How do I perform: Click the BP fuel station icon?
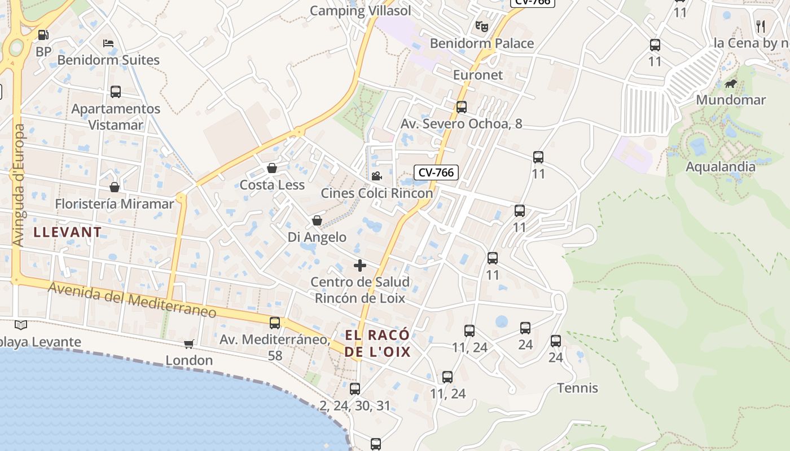tap(43, 36)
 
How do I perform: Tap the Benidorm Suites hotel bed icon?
tap(109, 43)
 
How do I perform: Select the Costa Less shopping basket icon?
tap(272, 168)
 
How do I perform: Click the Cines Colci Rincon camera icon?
tap(376, 176)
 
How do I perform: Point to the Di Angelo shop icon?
tap(317, 220)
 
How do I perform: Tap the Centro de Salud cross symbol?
tap(360, 266)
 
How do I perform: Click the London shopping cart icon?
tap(189, 344)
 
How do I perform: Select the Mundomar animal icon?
tap(731, 85)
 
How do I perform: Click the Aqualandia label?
tap(720, 167)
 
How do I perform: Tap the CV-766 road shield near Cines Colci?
tap(436, 173)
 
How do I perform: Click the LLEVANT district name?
tap(68, 232)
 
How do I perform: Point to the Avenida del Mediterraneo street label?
tap(132, 300)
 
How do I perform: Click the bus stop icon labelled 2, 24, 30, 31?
tap(355, 388)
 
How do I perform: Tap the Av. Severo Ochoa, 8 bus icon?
tap(462, 107)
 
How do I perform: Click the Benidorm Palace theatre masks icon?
tap(481, 26)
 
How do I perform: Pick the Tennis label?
tap(577, 388)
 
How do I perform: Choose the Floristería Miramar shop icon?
tap(115, 187)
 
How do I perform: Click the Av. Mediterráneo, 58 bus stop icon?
tap(275, 323)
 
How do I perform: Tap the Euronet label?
tap(478, 75)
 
